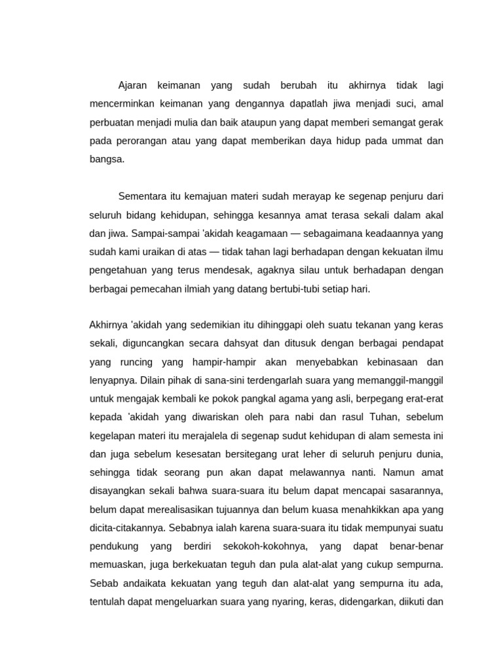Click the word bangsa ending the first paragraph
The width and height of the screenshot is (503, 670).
click(x=107, y=158)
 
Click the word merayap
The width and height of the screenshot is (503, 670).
click(x=311, y=196)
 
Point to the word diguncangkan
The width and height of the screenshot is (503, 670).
click(x=153, y=343)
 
